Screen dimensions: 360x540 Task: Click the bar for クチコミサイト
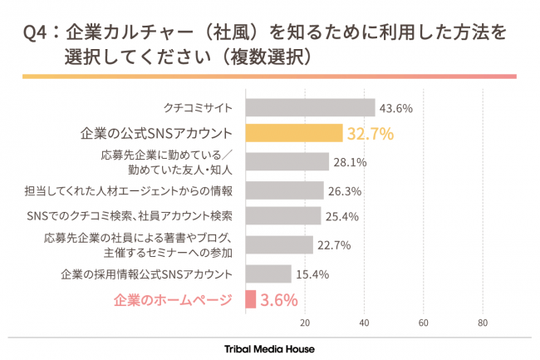pyautogui.click(x=310, y=108)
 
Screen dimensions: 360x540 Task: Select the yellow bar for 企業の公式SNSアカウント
pyautogui.click(x=294, y=133)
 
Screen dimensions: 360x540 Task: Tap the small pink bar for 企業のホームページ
pyautogui.click(x=250, y=299)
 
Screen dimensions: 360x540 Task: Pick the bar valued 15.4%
pyautogui.click(x=268, y=274)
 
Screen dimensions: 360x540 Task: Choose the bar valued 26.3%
pyautogui.click(x=284, y=190)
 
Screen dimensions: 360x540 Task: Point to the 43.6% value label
pyautogui.click(x=396, y=108)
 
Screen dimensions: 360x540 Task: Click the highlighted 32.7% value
pyautogui.click(x=370, y=133)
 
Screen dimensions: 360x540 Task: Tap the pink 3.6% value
pyautogui.click(x=278, y=300)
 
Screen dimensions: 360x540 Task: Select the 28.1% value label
pyautogui.click(x=350, y=162)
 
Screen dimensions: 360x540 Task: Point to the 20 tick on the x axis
pyautogui.click(x=305, y=323)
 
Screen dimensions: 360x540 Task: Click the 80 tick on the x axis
pyautogui.click(x=483, y=323)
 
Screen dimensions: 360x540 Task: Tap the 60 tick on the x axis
pyautogui.click(x=424, y=323)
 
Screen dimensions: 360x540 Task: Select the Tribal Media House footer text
pyautogui.click(x=270, y=348)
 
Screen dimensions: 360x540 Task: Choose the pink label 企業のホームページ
pyautogui.click(x=172, y=300)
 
